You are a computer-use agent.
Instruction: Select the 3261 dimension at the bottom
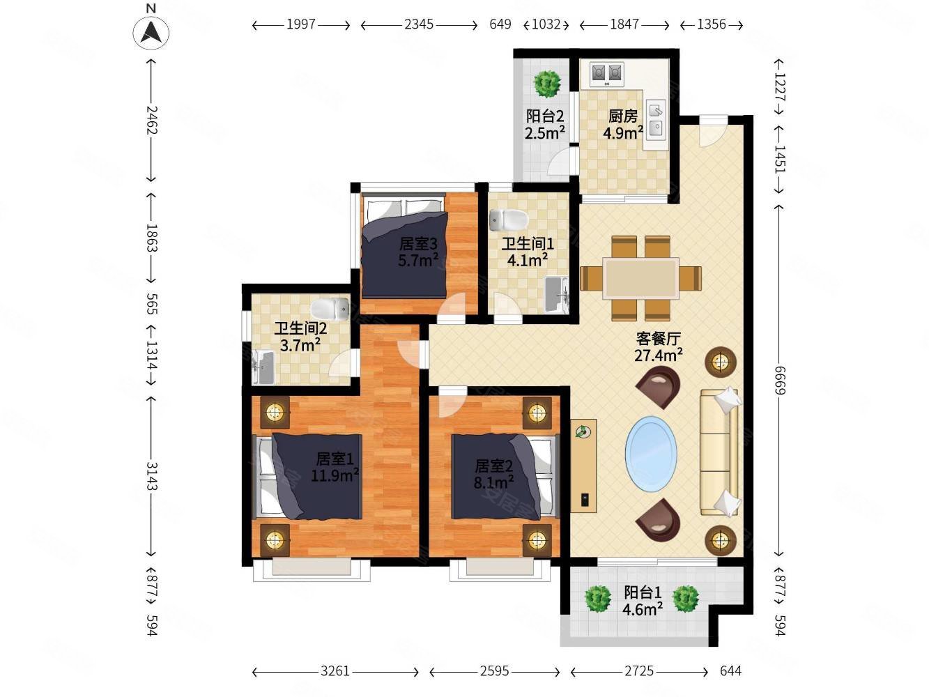[335, 671]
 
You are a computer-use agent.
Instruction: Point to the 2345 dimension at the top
[419, 24]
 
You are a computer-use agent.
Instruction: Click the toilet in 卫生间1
[508, 219]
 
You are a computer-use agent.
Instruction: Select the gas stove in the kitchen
[607, 72]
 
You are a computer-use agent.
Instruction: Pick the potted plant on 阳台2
[547, 84]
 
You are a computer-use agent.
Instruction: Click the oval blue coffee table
[651, 454]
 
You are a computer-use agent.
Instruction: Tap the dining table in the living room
[640, 278]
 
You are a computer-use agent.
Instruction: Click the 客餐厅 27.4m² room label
[658, 346]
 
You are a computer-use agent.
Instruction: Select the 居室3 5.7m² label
[417, 252]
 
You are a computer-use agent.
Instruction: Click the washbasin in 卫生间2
[263, 367]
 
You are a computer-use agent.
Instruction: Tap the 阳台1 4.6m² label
[642, 601]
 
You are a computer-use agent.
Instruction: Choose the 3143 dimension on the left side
[151, 477]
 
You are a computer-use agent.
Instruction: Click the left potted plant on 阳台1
[597, 598]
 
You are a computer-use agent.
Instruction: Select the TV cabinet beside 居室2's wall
[583, 466]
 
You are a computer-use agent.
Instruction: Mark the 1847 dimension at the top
[624, 24]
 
